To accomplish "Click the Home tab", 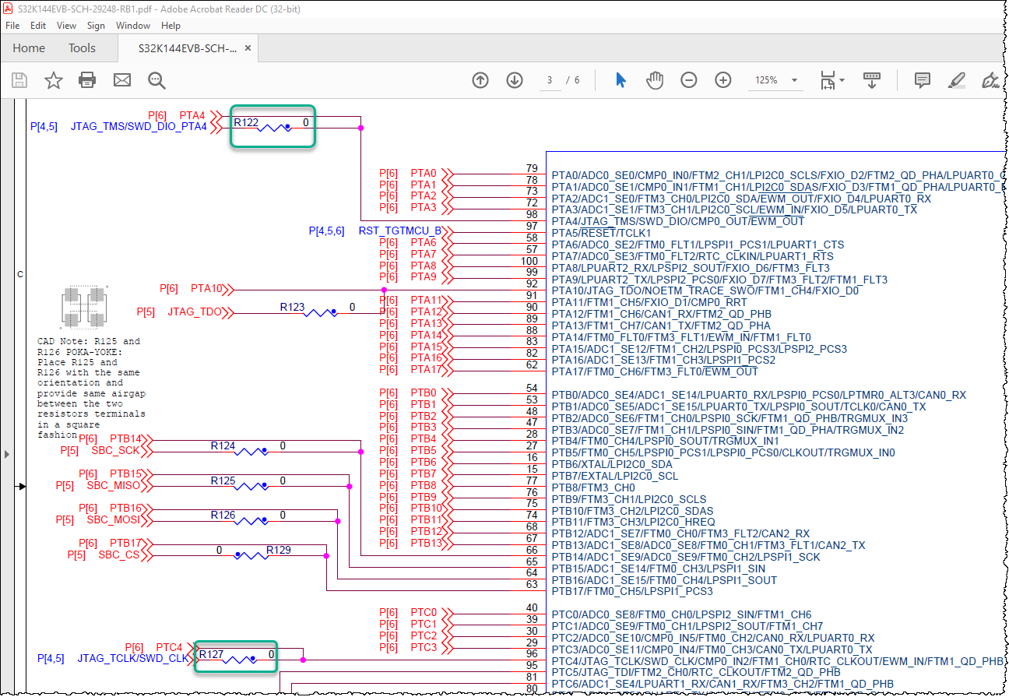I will (x=29, y=48).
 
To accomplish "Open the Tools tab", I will (x=82, y=48).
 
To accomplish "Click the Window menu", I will (x=132, y=26).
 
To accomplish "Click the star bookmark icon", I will (x=53, y=80).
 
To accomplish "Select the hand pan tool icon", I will (x=655, y=80).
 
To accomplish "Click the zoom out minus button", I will (x=688, y=80).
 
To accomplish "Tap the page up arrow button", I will (x=480, y=80).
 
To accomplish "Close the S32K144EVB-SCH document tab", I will (x=248, y=48).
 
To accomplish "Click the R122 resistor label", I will (x=246, y=122).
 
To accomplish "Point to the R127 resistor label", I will (x=211, y=654).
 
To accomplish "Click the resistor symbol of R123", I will (x=320, y=312).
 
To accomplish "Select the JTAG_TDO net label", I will (x=195, y=312).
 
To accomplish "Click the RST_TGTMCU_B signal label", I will (x=400, y=231).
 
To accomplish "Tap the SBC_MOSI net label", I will (x=114, y=520).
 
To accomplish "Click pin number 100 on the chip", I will (x=529, y=261).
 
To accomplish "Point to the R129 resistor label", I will (x=279, y=550).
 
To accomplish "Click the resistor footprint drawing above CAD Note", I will (x=84, y=307).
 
